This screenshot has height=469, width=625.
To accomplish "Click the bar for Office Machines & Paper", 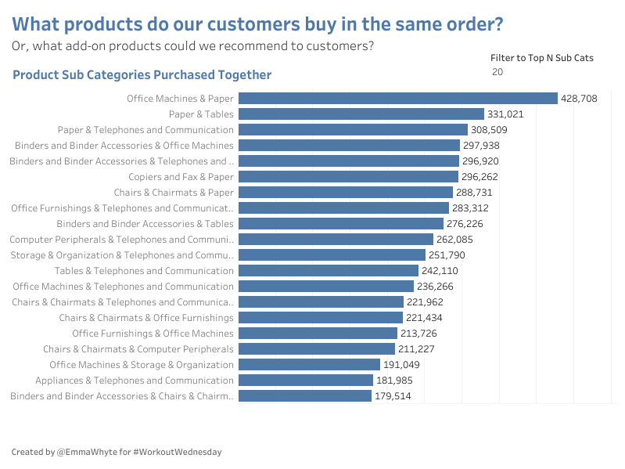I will pos(397,99).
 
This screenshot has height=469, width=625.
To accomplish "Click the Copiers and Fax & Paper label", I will pos(181,177).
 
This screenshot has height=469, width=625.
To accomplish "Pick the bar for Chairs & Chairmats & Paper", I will pos(345,193).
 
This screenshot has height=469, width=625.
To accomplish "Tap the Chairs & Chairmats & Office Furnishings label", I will pos(145,318).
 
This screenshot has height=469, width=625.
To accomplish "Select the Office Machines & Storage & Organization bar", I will pos(308,365).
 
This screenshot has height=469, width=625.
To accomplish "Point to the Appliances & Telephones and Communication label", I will pos(134,381).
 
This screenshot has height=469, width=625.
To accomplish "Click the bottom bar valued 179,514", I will pos(304,396).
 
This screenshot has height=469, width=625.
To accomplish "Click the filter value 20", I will pos(497,72).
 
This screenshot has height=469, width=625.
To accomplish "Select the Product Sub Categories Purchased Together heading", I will pos(142,75).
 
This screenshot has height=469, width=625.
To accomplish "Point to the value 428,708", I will pos(579,99).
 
